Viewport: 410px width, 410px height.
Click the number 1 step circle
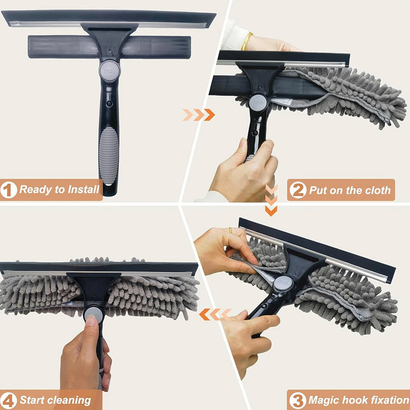(x=9, y=190)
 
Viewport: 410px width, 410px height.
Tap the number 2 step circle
(x=298, y=190)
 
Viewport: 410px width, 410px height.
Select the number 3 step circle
(x=297, y=400)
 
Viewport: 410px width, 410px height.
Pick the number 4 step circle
(x=9, y=401)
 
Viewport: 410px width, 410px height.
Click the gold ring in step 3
(x=231, y=231)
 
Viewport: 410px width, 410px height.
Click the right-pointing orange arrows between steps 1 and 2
(x=199, y=115)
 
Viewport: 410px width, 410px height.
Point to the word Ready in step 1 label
(x=36, y=189)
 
